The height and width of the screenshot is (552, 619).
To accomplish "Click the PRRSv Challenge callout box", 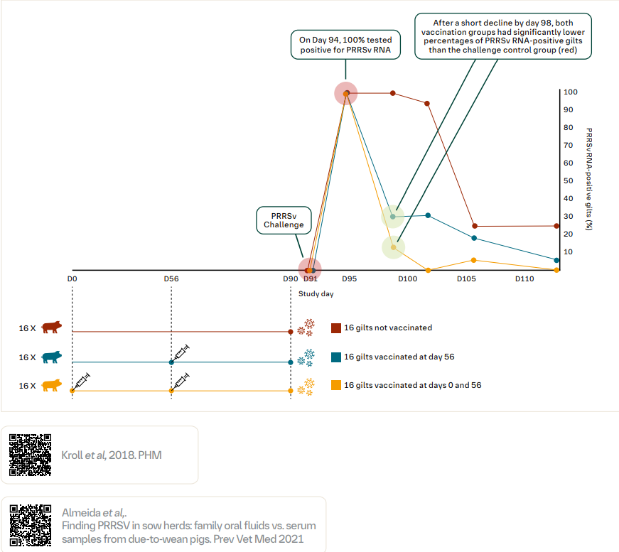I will click(x=284, y=220).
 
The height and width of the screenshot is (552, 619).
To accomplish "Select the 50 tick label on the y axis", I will click(x=569, y=181).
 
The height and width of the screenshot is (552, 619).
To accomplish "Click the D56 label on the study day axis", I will click(x=171, y=279).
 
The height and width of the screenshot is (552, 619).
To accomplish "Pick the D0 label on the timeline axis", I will click(x=72, y=279).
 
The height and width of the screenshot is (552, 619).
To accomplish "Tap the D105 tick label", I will click(x=466, y=279).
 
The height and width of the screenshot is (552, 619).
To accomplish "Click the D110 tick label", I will click(x=524, y=279).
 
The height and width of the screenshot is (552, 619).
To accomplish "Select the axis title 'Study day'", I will click(x=316, y=293).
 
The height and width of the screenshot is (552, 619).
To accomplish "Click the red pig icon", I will click(x=51, y=328).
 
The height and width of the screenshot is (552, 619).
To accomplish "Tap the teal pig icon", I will click(x=51, y=357).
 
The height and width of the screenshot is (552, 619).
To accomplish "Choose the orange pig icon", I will click(x=51, y=385).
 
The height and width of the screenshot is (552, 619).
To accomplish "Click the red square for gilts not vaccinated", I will click(x=336, y=328).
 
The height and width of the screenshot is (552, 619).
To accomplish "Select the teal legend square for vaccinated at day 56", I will click(x=336, y=357).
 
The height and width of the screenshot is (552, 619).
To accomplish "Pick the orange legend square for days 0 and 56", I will click(x=336, y=385).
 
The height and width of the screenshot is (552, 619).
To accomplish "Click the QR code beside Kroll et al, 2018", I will click(x=30, y=455).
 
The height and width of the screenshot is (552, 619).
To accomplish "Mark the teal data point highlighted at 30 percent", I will click(x=393, y=217).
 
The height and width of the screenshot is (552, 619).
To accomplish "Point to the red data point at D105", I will click(x=475, y=226).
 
